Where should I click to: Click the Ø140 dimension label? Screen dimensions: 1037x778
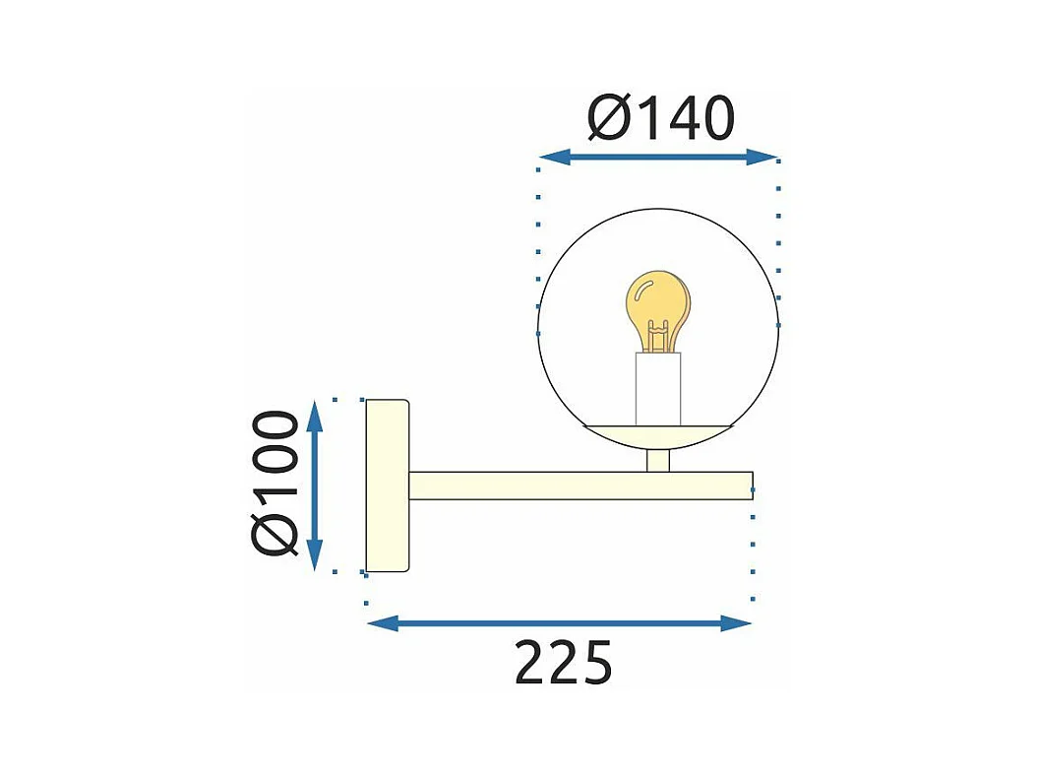[661, 118]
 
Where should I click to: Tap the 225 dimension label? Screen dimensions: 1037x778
[564, 662]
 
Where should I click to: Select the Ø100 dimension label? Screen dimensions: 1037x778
[275, 483]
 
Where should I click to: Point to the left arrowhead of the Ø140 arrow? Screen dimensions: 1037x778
[554, 157]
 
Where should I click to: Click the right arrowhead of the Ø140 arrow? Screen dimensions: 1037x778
[762, 157]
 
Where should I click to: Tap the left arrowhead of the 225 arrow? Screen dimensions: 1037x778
[383, 623]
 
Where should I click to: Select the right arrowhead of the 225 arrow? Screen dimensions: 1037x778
[736, 623]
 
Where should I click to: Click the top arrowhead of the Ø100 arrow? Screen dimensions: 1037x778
[316, 417]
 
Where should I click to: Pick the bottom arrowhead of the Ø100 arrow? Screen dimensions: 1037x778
[316, 554]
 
